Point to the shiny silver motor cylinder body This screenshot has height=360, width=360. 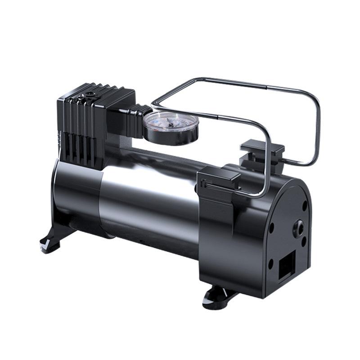click(148, 189)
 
